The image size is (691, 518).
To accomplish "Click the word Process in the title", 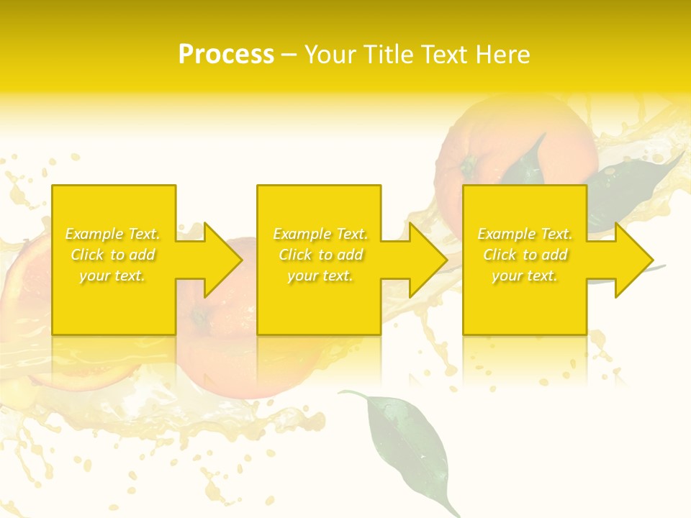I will point(226,55).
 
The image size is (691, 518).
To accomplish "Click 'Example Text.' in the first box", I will point(112,234).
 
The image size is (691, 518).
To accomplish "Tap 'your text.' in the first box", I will point(112,276).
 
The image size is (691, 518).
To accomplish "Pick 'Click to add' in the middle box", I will point(320,255).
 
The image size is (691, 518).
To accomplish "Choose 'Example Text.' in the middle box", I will point(320,234).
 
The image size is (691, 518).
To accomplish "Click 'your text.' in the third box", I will point(525,276).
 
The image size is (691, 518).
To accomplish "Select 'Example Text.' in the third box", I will point(525,234).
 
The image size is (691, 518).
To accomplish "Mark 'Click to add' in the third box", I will point(525,255).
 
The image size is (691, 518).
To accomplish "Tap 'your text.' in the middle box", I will point(320,276).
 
